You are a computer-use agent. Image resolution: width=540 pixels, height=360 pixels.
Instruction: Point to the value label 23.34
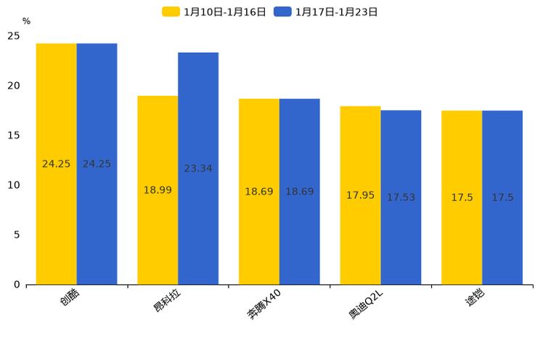tap(198, 168)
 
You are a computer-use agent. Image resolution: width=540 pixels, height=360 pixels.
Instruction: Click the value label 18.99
tap(157, 190)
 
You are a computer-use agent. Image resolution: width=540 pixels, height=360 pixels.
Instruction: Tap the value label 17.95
tap(360, 195)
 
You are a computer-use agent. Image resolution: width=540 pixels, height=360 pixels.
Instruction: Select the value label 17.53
tap(401, 197)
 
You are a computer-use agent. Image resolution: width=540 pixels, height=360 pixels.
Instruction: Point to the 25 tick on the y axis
tap(14, 36)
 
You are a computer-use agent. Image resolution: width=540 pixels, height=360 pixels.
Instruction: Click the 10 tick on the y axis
tap(14, 185)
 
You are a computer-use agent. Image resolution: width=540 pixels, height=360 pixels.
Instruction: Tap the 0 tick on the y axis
tap(17, 285)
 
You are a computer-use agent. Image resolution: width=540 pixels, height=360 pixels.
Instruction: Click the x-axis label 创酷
tap(70, 299)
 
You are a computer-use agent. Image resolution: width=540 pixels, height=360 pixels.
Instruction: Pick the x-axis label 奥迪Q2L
tap(366, 305)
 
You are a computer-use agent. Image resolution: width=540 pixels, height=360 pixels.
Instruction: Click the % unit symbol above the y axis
tap(26, 22)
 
